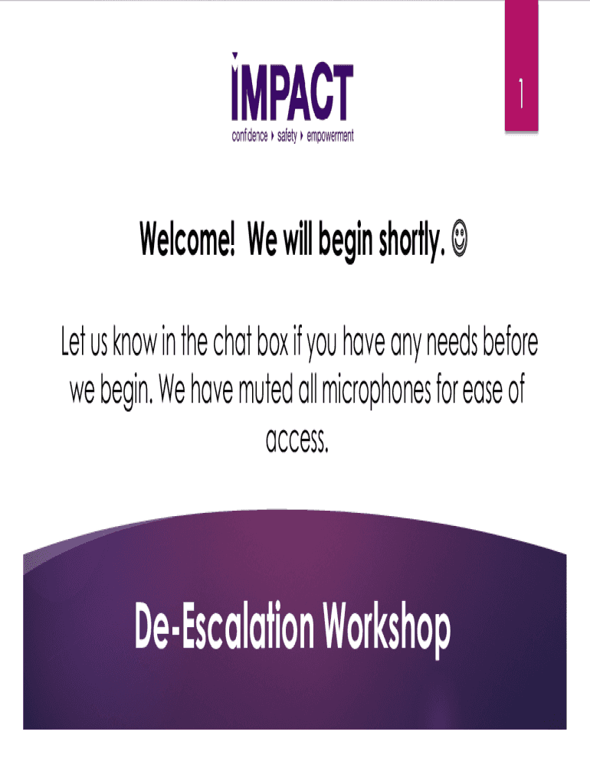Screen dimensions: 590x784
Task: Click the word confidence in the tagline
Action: pyautogui.click(x=249, y=136)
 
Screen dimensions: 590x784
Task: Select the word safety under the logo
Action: pyautogui.click(x=287, y=136)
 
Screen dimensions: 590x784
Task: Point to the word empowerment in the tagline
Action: pyautogui.click(x=330, y=136)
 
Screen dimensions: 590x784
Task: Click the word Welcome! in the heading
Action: pyautogui.click(x=187, y=239)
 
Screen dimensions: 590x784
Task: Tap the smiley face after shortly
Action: pyautogui.click(x=460, y=240)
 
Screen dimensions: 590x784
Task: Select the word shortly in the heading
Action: pyautogui.click(x=411, y=241)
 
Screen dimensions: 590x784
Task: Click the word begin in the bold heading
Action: pyautogui.click(x=346, y=242)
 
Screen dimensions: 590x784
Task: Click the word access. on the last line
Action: pyautogui.click(x=297, y=440)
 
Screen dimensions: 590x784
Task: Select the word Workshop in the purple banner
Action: pyautogui.click(x=386, y=629)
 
